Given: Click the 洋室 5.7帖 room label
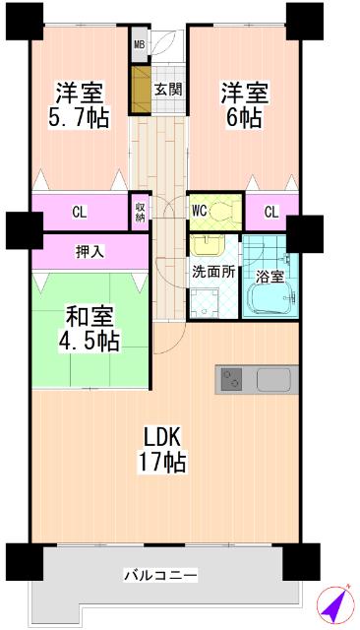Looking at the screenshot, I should [81, 105].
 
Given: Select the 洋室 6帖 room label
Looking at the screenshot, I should [243, 105].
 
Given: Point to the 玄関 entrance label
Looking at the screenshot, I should [167, 90].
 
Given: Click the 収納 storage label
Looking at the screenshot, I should [140, 211].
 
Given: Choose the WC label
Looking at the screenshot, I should [200, 210].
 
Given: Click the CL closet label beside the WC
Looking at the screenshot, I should [270, 211].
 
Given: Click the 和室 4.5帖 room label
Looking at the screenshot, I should [92, 329].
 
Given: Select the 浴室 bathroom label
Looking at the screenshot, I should [270, 277].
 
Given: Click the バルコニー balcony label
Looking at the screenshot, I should [161, 574].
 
